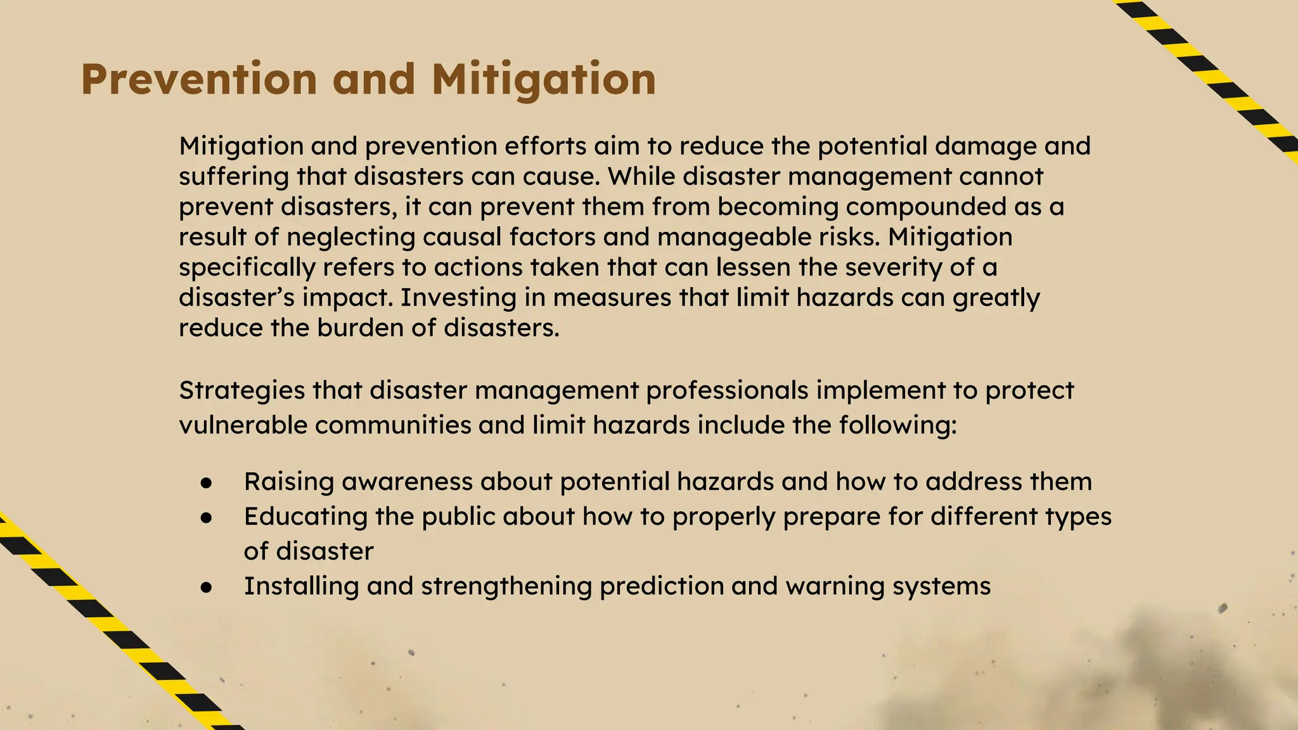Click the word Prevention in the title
coord(198,80)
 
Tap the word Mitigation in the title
coord(544,80)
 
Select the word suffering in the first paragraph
coord(233,176)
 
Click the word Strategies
coord(241,390)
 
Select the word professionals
coord(727,390)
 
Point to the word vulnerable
coord(243,425)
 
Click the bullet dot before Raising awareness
coord(206,483)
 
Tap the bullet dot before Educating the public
coord(206,518)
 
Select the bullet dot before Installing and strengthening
coord(206,587)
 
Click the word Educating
coord(305,516)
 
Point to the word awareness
coord(407,482)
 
